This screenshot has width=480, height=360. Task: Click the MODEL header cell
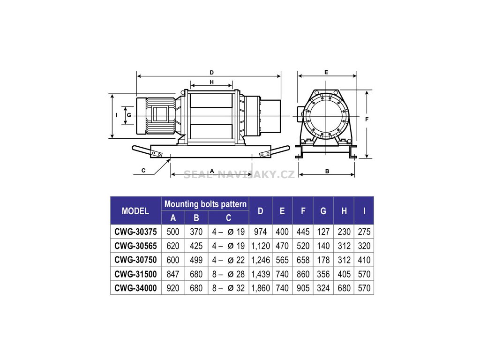pyautogui.click(x=135, y=211)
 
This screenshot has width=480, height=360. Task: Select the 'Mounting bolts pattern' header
pyautogui.click(x=205, y=204)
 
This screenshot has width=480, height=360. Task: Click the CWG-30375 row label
pyautogui.click(x=135, y=232)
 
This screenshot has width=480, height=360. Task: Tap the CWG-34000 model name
pyautogui.click(x=135, y=288)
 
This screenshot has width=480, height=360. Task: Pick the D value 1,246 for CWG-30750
pyautogui.click(x=261, y=260)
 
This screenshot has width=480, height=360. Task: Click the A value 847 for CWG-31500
pyautogui.click(x=173, y=274)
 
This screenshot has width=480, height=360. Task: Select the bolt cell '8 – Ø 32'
pyautogui.click(x=228, y=288)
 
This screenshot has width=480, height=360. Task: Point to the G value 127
pyautogui.click(x=323, y=232)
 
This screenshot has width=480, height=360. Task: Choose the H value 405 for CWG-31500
pyautogui.click(x=344, y=274)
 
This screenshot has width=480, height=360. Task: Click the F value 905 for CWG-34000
pyautogui.click(x=303, y=288)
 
